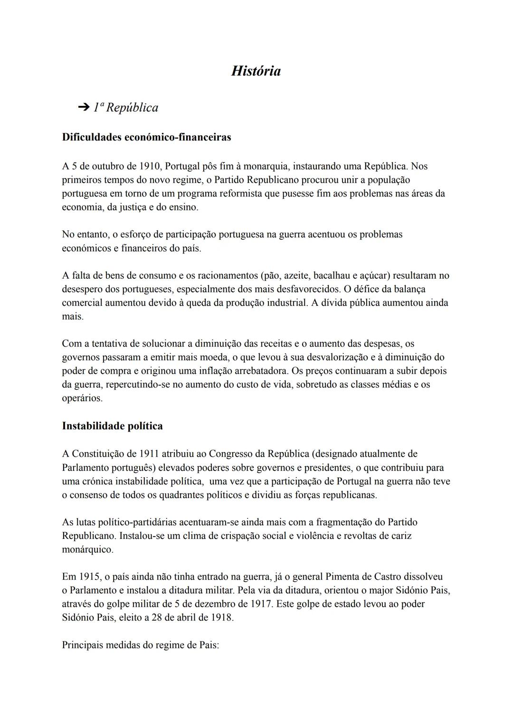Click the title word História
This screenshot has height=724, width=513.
point(256,71)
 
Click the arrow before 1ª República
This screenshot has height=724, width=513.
point(84,108)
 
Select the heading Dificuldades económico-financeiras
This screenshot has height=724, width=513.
point(146,137)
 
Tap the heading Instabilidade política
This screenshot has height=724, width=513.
point(112,426)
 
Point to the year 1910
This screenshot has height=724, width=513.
point(151,166)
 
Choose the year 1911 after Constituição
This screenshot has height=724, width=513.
point(150,453)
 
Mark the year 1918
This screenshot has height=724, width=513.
point(222,618)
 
